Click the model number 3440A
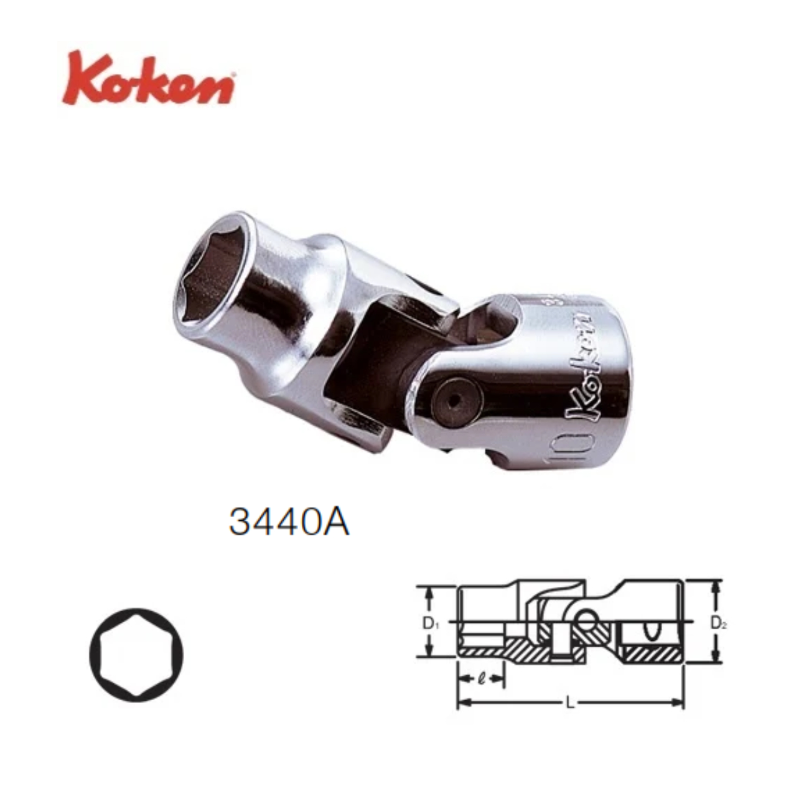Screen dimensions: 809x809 289,522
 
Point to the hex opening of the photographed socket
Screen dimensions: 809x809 221,280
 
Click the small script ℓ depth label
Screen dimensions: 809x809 481,678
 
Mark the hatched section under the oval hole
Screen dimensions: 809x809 651,653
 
